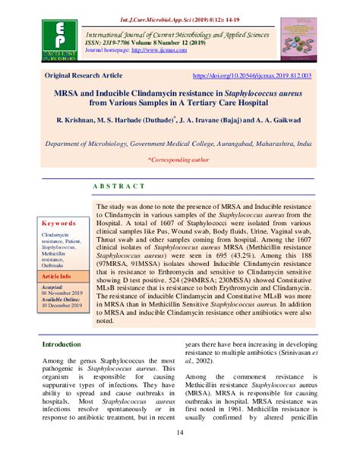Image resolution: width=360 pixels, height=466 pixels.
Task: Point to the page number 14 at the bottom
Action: point(180,455)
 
